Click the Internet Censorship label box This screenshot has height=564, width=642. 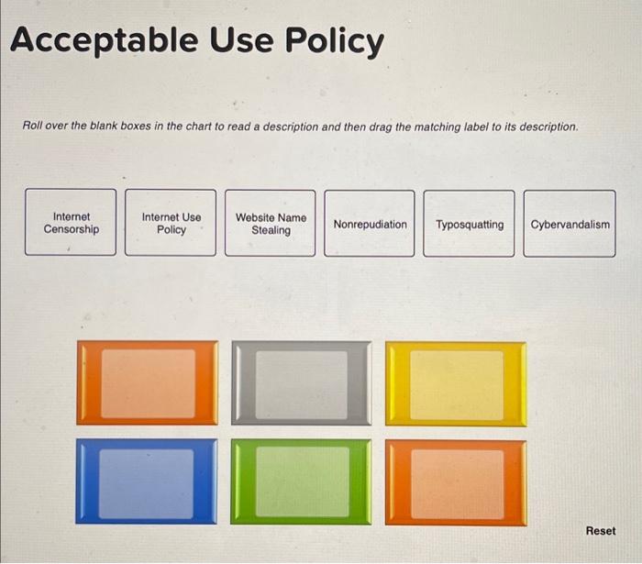[x=71, y=223]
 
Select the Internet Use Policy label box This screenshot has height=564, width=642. [x=171, y=223]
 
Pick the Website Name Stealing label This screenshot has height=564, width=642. [x=271, y=223]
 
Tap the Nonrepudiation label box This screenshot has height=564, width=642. [x=370, y=224]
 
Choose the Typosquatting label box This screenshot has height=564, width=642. [x=469, y=224]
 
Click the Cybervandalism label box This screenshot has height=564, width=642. [x=570, y=224]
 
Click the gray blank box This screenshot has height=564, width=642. [x=301, y=383]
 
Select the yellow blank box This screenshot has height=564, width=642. [x=456, y=383]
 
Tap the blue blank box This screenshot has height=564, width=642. [x=147, y=481]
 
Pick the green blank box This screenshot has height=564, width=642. [x=301, y=481]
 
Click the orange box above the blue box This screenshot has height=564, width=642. [x=147, y=383]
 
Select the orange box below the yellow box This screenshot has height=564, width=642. [x=456, y=481]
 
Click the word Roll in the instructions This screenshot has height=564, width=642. [x=33, y=126]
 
